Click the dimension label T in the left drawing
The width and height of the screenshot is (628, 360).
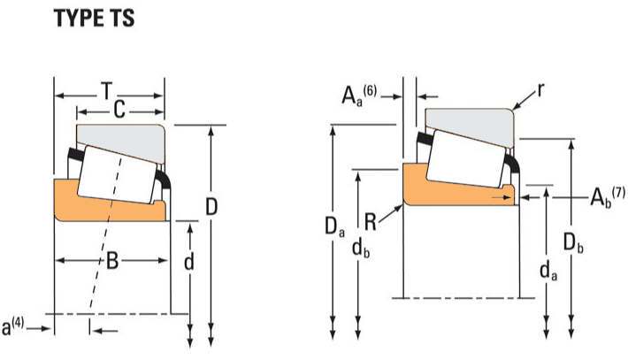pyautogui.click(x=106, y=90)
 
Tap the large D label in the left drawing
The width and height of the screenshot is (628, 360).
pyautogui.click(x=211, y=207)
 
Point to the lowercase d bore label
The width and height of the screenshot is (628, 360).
pyautogui.click(x=189, y=263)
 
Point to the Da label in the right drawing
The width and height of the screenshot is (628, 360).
pyautogui.click(x=333, y=228)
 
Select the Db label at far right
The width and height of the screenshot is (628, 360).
pyautogui.click(x=573, y=240)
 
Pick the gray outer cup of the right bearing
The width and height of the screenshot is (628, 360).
pyautogui.click(x=469, y=119)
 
